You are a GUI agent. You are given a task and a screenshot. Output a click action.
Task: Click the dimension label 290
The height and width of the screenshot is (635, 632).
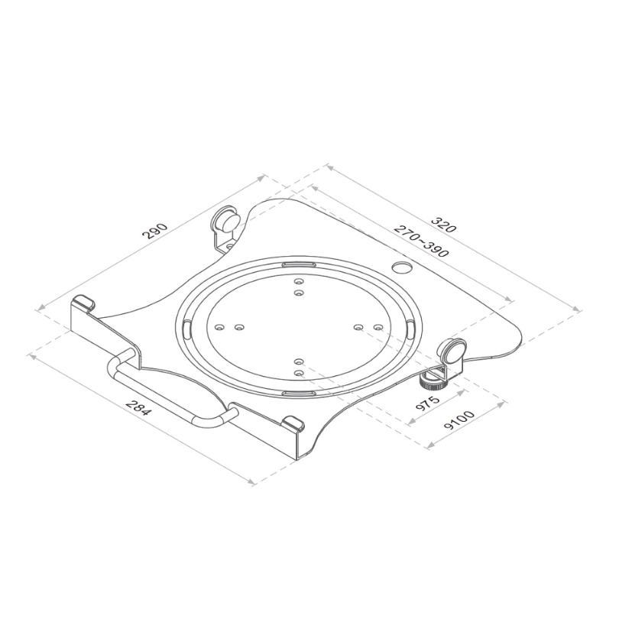point(154,232)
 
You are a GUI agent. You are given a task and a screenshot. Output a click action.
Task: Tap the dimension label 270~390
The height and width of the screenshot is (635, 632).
point(421,241)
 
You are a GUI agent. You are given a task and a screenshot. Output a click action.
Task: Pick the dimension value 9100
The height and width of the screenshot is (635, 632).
point(459,420)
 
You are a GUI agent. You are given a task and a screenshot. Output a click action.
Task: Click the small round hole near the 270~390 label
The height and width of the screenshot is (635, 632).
point(402,267)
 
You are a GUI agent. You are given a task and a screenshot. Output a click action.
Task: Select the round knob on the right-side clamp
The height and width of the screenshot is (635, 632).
point(454,350)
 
